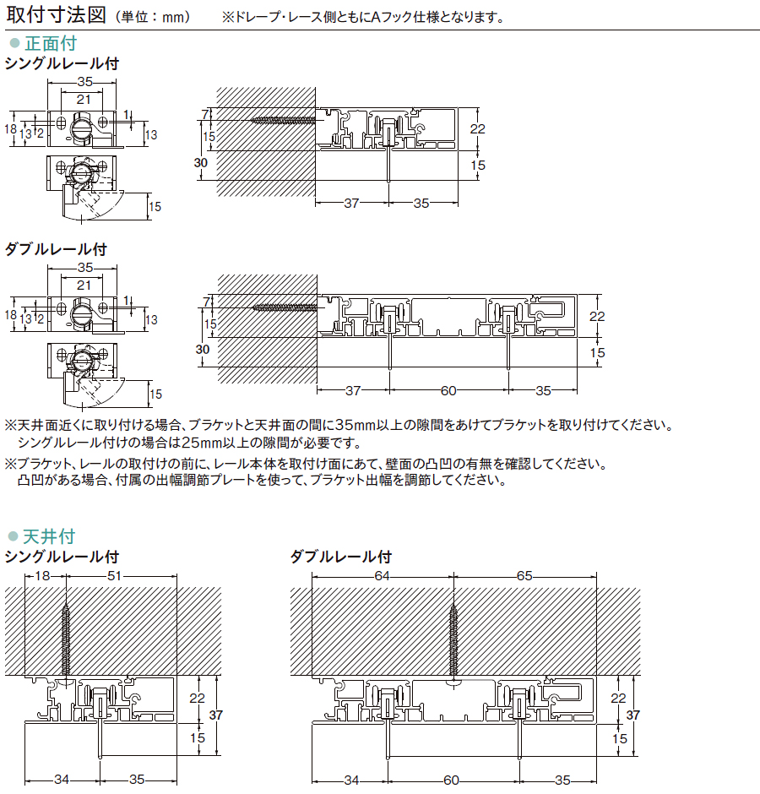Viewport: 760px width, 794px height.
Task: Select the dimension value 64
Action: tap(382, 576)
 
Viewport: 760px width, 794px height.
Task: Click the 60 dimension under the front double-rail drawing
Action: tap(448, 390)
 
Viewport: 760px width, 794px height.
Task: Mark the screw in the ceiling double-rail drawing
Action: tap(454, 634)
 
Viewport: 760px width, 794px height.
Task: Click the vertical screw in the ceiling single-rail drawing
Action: tap(67, 638)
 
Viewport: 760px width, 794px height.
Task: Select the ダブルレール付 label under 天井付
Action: tap(341, 557)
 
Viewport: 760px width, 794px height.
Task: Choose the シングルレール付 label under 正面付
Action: tap(62, 63)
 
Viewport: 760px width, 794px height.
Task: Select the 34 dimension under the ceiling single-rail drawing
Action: tap(62, 779)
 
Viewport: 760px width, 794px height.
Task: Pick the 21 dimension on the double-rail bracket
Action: tap(84, 286)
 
